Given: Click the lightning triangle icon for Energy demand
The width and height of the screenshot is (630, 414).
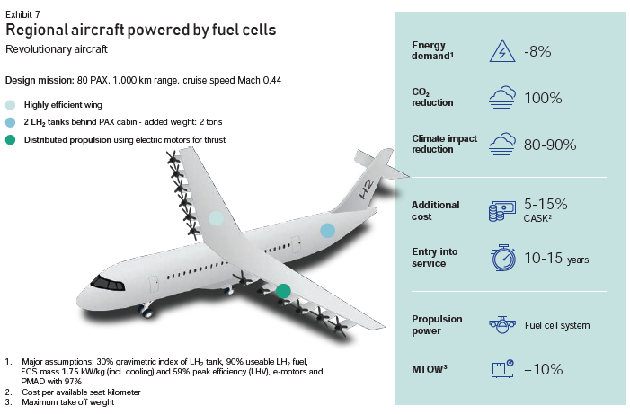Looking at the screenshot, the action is tap(502, 51).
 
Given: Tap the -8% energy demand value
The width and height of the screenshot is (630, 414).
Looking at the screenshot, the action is tap(537, 51).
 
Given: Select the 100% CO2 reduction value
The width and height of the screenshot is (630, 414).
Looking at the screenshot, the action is tap(543, 98).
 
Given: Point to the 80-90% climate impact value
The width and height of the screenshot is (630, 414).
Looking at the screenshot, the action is tap(550, 145).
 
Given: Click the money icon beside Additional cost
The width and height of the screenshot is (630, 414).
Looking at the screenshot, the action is tap(502, 211).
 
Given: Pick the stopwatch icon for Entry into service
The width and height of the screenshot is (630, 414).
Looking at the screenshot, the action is tap(503, 258).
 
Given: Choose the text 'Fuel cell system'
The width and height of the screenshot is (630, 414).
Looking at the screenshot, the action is tap(557, 325).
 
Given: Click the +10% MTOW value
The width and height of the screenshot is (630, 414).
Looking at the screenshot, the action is tap(543, 369).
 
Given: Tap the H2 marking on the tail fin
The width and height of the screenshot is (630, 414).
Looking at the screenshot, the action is tap(367, 189).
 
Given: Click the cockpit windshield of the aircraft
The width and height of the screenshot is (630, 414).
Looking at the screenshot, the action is tap(107, 283).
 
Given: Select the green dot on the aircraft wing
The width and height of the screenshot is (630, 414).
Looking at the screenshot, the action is tap(283, 291).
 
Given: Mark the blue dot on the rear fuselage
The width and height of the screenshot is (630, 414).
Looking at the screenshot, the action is tap(327, 231).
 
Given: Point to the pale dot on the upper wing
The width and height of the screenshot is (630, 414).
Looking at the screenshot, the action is tap(217, 218).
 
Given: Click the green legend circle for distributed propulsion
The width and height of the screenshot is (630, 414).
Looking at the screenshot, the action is tap(11, 140).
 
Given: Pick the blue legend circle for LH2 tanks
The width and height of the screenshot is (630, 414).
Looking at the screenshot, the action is tap(11, 122).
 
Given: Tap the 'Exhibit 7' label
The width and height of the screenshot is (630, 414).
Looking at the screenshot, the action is tap(22, 15).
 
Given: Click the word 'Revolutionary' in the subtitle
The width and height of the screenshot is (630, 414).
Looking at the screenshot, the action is tap(31, 49).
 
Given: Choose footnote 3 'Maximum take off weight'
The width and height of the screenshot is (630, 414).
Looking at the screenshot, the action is tap(68, 402).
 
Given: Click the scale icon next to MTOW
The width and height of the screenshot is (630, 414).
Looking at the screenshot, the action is tap(502, 368).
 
